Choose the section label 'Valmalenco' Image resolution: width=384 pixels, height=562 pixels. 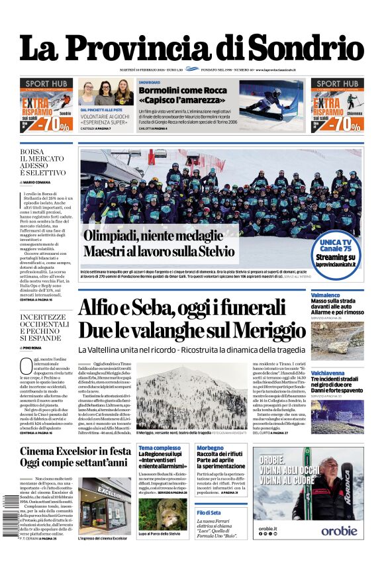click(326, 295)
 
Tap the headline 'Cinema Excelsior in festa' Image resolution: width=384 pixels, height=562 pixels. click(75, 452)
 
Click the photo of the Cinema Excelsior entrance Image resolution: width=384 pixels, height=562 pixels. click(105, 506)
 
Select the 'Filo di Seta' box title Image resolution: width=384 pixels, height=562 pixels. click(211, 513)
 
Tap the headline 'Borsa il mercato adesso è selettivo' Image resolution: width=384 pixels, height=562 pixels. click(43, 162)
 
